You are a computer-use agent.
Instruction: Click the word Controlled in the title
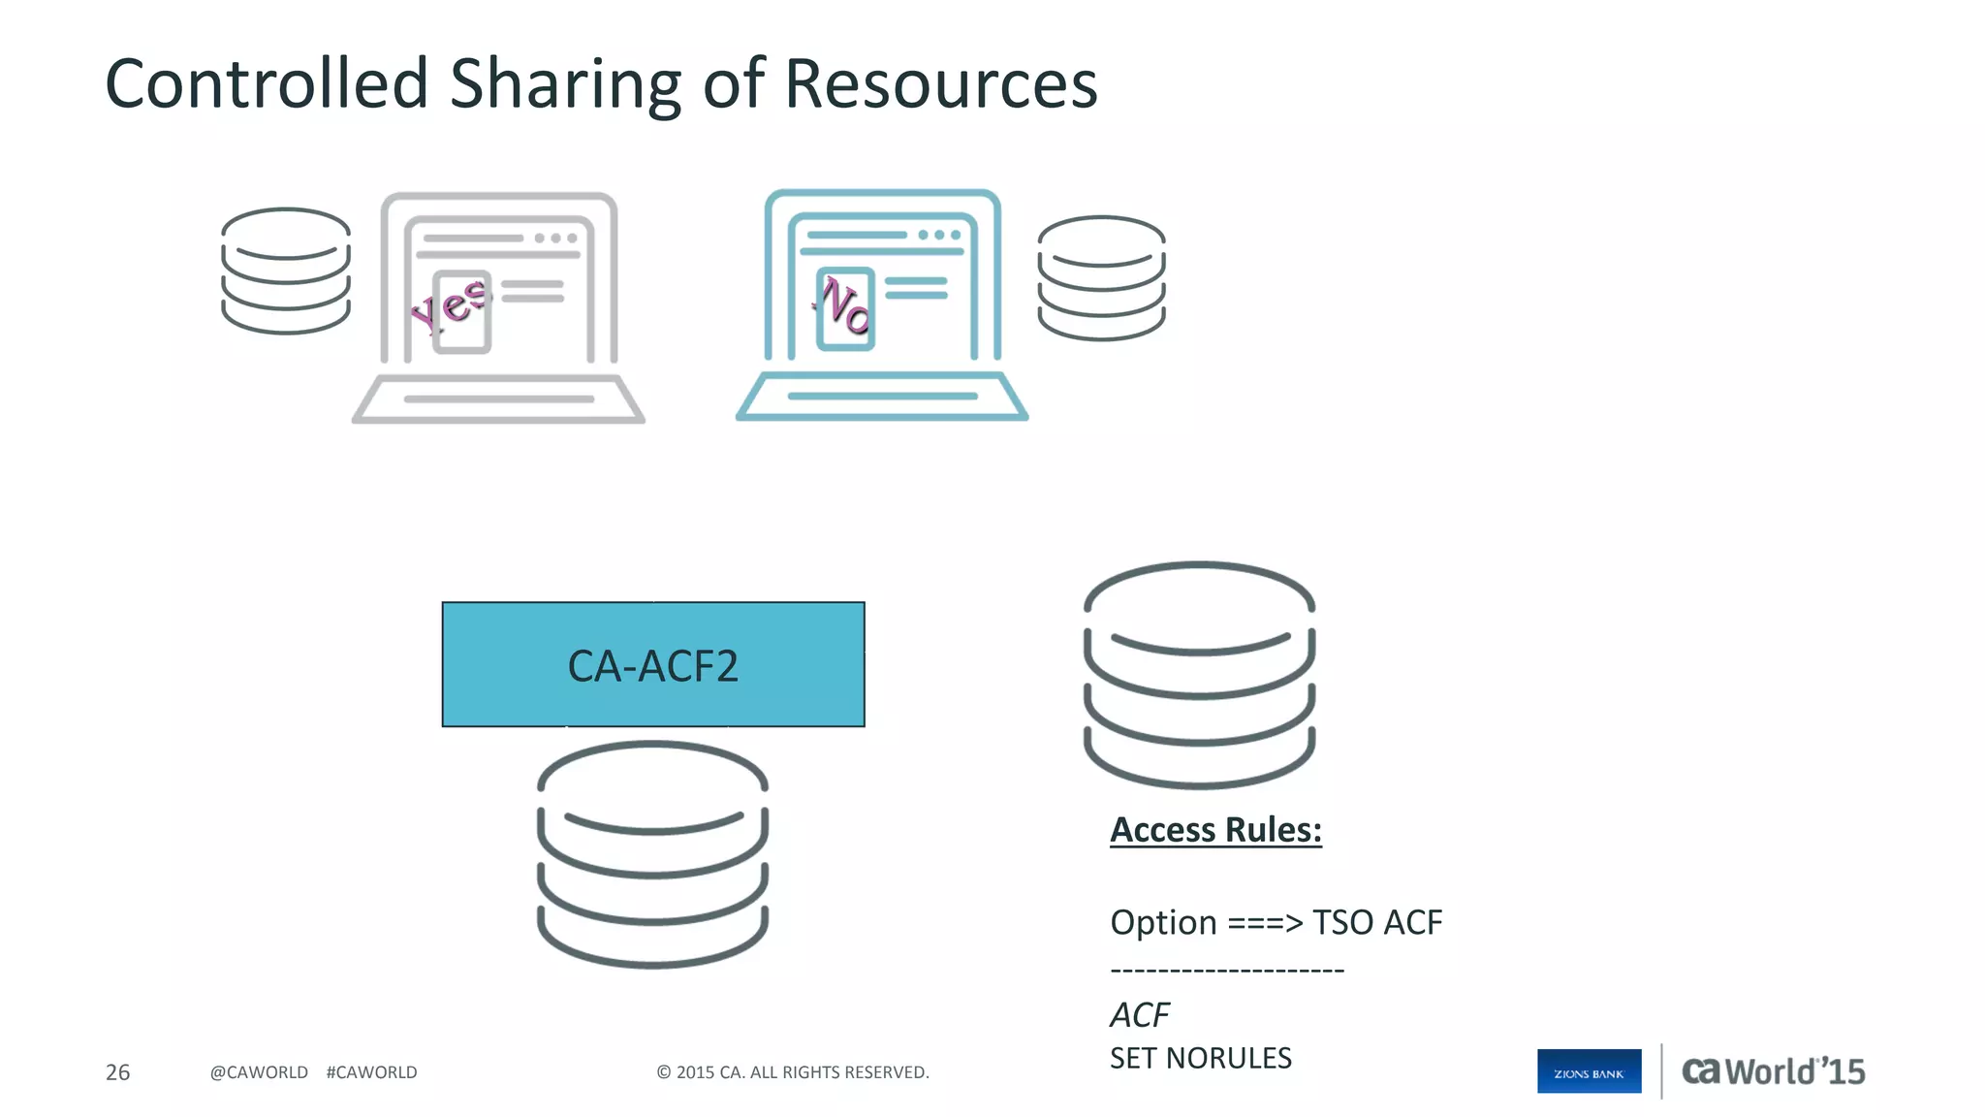pos(267,84)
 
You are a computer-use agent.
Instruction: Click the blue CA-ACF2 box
pos(653,665)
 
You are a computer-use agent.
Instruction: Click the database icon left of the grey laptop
pos(286,271)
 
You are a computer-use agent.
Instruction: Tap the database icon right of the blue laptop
pos(1101,277)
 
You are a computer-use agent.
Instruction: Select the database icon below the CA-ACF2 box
pos(653,854)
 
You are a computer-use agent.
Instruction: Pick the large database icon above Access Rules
pos(1199,675)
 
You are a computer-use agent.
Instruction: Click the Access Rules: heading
pos(1215,830)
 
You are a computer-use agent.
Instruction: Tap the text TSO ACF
pos(1376,922)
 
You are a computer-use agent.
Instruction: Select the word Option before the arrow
pos(1163,922)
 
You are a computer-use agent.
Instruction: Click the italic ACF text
pos(1140,1015)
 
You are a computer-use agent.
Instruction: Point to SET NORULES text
pos(1200,1058)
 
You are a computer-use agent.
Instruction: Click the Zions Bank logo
pos(1589,1071)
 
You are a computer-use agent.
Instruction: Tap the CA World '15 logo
pos(1773,1071)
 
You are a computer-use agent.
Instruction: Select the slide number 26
pos(117,1072)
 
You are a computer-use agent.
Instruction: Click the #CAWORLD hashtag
pos(371,1072)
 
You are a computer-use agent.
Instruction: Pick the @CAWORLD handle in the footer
pos(259,1072)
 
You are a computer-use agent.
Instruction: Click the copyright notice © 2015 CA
pos(792,1072)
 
